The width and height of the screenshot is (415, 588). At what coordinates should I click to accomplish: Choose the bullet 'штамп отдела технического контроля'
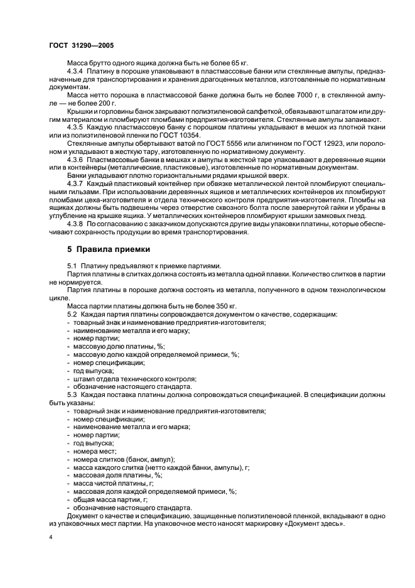134,378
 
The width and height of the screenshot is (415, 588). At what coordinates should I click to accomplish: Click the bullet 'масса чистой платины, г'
114,483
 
